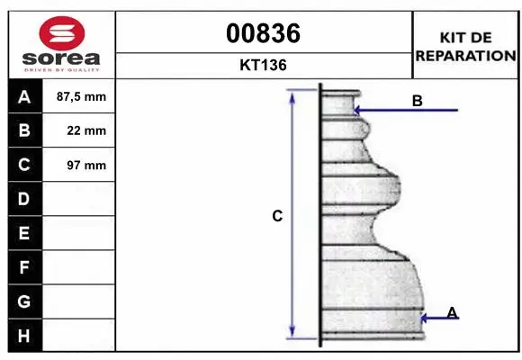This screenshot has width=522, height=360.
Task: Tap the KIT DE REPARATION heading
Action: pos(464,46)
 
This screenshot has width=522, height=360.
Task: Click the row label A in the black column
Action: pos(24,96)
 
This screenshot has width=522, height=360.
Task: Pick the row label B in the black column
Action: pos(24,130)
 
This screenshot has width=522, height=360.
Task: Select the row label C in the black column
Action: pos(24,165)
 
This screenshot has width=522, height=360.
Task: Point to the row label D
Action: pos(24,199)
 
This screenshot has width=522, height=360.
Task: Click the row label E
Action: pos(24,233)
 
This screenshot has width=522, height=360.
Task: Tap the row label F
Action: pos(24,267)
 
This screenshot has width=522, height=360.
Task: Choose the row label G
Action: pos(24,301)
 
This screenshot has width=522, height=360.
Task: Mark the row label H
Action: pos(24,336)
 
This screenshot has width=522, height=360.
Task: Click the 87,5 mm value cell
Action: pos(81,96)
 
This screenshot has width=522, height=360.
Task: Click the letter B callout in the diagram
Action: pos(417,101)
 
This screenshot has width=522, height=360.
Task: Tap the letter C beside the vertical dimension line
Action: pos(278,216)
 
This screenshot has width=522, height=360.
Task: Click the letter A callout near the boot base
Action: pos(452,312)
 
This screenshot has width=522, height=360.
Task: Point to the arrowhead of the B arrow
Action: pos(356,111)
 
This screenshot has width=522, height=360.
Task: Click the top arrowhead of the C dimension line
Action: pos(292,94)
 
